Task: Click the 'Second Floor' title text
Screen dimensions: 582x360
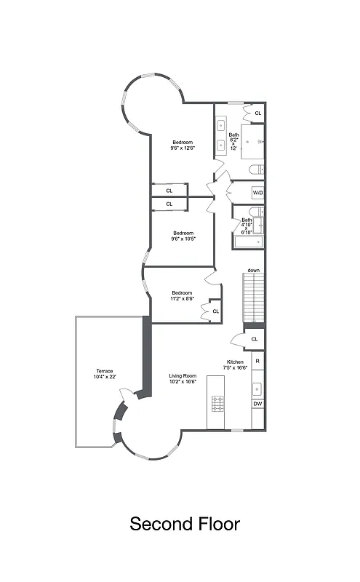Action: pyautogui.click(x=185, y=524)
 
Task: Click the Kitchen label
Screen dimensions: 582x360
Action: pyautogui.click(x=237, y=364)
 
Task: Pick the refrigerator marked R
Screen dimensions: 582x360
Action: pyautogui.click(x=257, y=360)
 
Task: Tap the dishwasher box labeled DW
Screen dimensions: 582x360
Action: pyautogui.click(x=257, y=404)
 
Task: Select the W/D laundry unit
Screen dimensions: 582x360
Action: pyautogui.click(x=257, y=193)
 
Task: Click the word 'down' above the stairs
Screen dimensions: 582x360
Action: pyautogui.click(x=253, y=271)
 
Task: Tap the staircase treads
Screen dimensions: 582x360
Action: pyautogui.click(x=253, y=298)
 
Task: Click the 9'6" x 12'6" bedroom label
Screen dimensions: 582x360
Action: pyautogui.click(x=183, y=145)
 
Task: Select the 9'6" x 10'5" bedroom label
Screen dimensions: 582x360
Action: pyautogui.click(x=183, y=236)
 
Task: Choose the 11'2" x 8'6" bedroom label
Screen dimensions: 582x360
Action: pyautogui.click(x=183, y=295)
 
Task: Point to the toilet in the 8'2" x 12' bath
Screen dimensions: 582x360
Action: pyautogui.click(x=255, y=170)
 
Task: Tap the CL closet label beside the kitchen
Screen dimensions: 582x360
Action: pyautogui.click(x=255, y=339)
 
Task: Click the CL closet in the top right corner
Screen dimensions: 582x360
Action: pyautogui.click(x=257, y=113)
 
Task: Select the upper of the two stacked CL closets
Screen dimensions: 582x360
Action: pyautogui.click(x=169, y=191)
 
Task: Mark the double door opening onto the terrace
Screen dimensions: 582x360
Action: pyautogui.click(x=125, y=396)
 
